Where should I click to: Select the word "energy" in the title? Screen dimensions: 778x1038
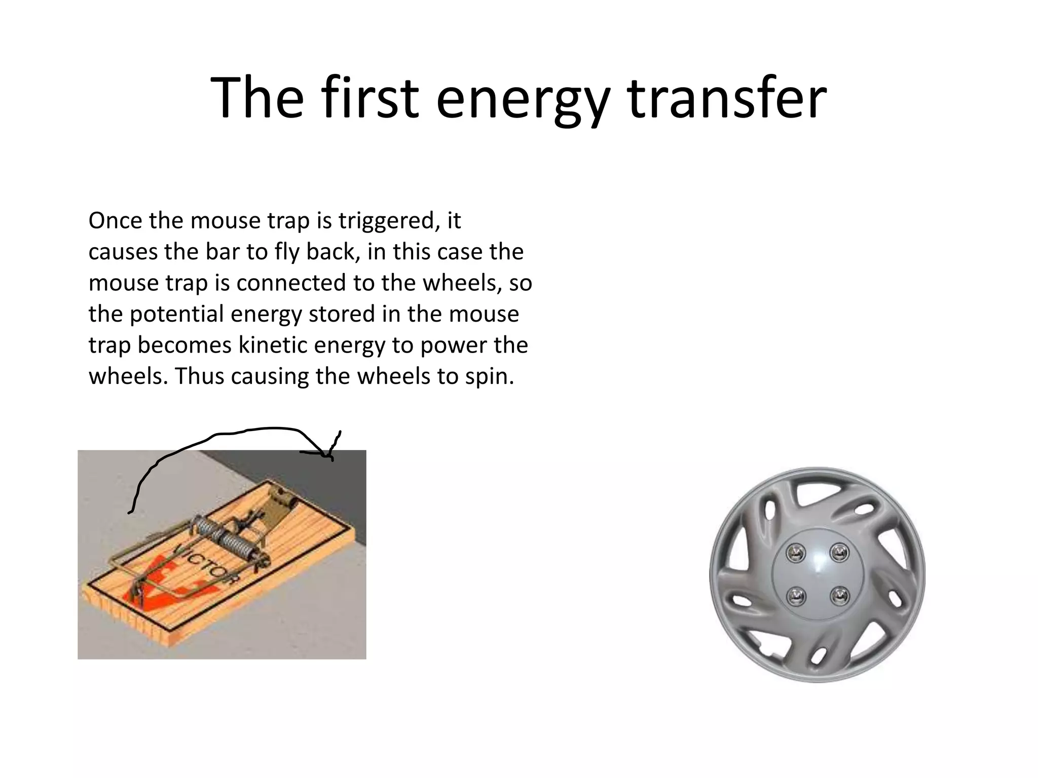click(522, 97)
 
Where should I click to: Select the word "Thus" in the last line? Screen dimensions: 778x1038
click(200, 376)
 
